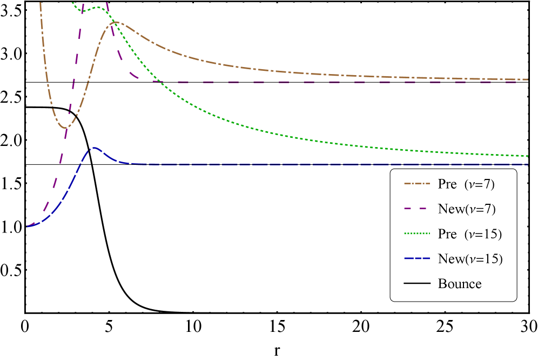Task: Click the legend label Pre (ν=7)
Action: pyautogui.click(x=466, y=184)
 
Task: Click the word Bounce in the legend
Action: pyautogui.click(x=460, y=284)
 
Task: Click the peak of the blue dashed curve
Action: pyautogui.click(x=94, y=147)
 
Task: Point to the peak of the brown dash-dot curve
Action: pyautogui.click(x=115, y=22)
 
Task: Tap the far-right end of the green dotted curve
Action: pyautogui.click(x=527, y=156)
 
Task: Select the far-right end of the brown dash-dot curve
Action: pyautogui.click(x=527, y=79)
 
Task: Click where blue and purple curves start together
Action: pyautogui.click(x=28, y=227)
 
